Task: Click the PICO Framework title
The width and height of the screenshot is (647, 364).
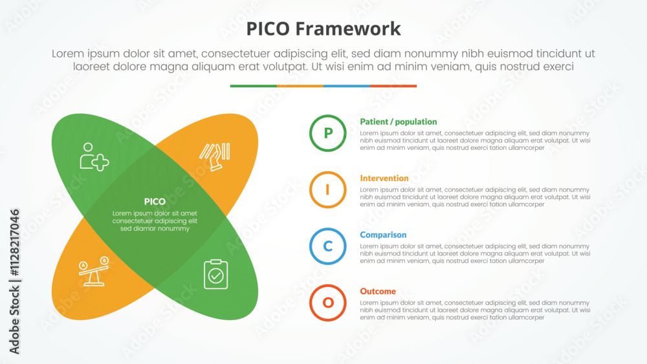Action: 323,29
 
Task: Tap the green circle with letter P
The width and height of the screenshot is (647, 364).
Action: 328,133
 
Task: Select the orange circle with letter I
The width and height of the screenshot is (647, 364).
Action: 328,189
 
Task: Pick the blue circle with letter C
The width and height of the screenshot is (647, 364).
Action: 328,246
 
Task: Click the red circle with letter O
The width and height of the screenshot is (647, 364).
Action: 328,303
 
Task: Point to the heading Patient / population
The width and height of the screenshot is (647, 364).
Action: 399,122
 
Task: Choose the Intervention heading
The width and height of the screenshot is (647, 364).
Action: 384,178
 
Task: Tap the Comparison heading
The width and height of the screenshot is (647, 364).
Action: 383,235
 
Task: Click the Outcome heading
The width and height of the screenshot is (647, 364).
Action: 378,292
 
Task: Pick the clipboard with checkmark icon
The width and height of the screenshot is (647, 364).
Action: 215,274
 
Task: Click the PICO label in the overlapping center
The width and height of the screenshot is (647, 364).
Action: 155,202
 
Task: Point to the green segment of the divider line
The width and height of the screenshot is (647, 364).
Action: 253,86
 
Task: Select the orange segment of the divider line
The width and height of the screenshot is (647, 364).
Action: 300,86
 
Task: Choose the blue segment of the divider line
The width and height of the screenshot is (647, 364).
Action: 346,86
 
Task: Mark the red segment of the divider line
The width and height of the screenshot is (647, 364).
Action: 393,86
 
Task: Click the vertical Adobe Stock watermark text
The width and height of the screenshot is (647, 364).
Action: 15,281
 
